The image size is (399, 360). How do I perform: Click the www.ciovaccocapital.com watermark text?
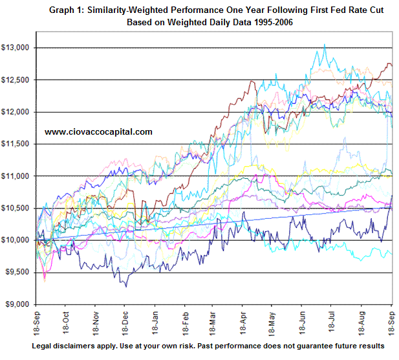98,131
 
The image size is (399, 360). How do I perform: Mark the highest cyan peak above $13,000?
324,45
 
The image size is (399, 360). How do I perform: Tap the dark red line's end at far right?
391,65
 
